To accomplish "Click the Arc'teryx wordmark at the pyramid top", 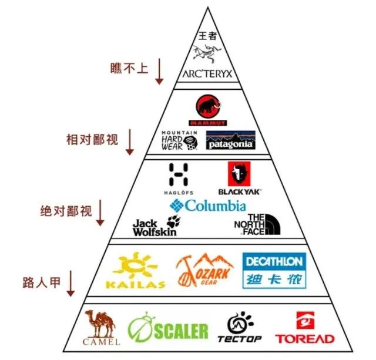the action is coord(207,73).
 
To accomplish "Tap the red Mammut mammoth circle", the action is coord(208,107).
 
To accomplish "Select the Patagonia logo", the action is coord(230,140).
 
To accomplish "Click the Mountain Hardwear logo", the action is coord(180,140).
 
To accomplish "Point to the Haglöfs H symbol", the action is coord(179,174).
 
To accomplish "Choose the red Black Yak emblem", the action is coord(239,174).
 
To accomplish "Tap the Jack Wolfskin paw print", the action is coord(174,221).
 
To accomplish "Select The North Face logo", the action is coord(257,224).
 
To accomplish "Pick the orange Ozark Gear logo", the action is coord(204,270).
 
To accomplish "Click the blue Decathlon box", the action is coord(274,270).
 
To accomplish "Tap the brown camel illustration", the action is coord(100,324).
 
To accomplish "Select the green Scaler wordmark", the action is coord(181,331).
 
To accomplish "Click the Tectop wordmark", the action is coord(239,339).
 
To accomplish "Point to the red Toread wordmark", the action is coord(305,339).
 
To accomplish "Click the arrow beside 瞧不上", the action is coord(159,71).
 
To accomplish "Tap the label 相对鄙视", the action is coord(92,140).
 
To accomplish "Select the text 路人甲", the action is coord(42,282).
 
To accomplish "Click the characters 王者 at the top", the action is coord(207,36).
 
